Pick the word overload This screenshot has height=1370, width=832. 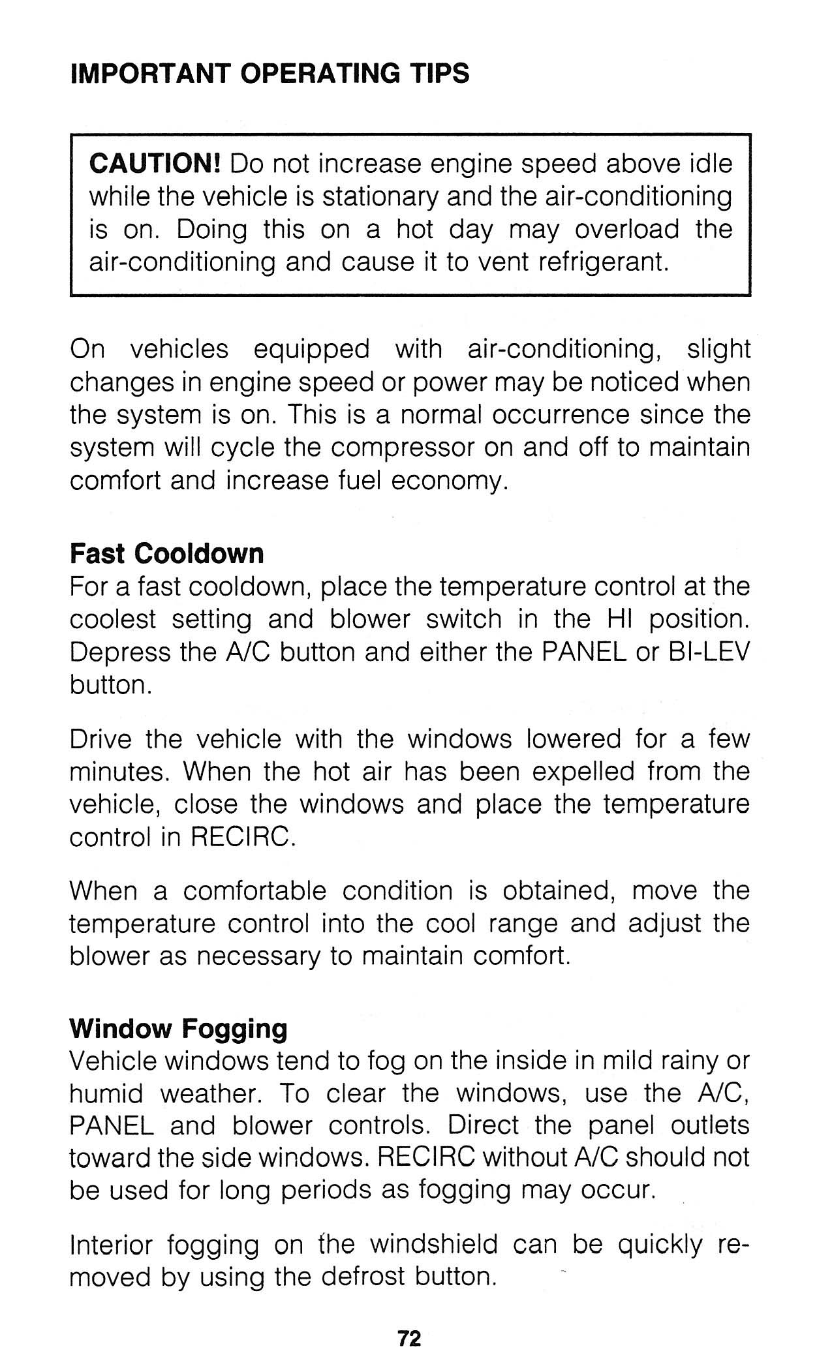(627, 230)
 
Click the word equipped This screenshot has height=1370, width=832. (311, 350)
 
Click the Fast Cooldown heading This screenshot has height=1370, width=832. (167, 554)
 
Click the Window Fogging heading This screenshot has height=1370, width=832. (178, 1029)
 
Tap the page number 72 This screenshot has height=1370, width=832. (410, 1339)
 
